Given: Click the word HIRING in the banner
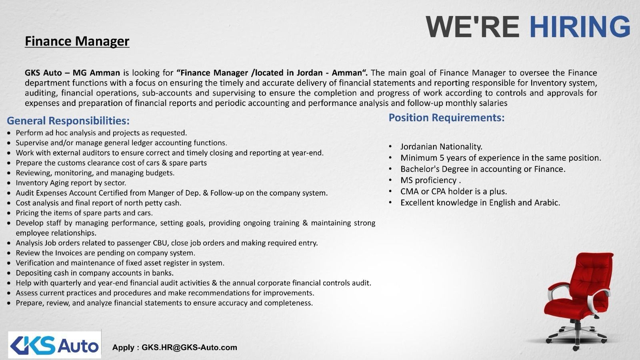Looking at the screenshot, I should [580, 27].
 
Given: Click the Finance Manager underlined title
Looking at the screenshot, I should [77, 41].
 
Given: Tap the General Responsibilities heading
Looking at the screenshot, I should [68, 120].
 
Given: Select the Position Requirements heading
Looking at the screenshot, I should [446, 118].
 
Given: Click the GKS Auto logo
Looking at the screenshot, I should [54, 344].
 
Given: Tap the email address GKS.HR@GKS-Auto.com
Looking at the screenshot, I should [189, 347].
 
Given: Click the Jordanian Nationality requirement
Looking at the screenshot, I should [441, 147].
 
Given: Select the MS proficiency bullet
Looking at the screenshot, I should [430, 180].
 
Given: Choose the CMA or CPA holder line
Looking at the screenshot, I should [454, 192].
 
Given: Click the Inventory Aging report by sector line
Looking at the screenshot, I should [71, 183].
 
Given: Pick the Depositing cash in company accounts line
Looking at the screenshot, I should [94, 273].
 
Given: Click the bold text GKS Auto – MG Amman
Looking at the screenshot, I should [72, 73].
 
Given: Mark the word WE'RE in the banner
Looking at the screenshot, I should [472, 27].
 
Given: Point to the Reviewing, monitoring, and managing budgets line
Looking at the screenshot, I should [95, 173].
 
